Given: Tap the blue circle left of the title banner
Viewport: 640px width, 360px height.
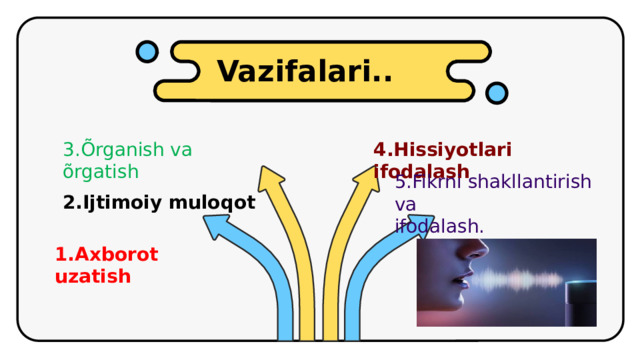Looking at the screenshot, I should [147, 52].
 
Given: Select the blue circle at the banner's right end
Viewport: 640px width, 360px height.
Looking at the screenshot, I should [496, 93].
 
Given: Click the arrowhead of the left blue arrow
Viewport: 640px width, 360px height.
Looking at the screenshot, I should [217, 226].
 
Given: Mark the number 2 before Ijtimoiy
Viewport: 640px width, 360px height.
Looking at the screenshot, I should [68, 202].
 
